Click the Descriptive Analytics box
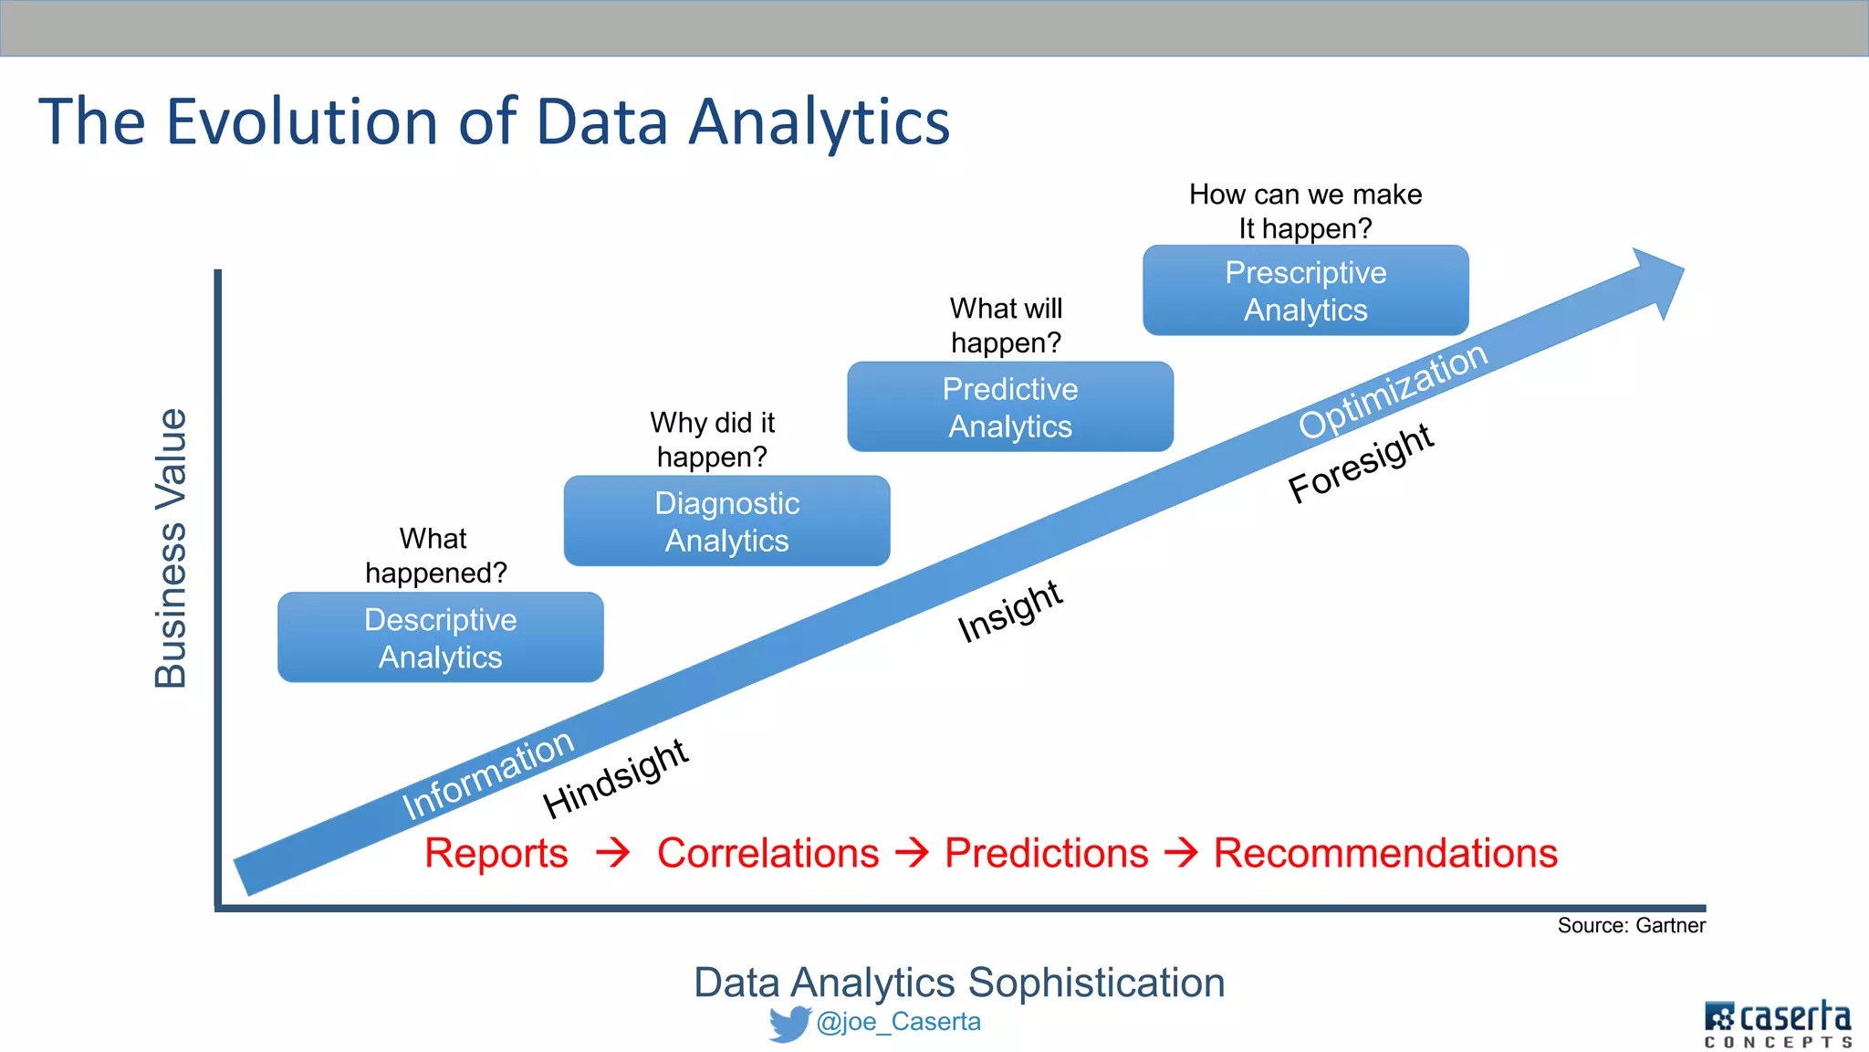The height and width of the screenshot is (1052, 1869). (x=440, y=637)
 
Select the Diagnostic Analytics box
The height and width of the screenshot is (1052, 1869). (x=726, y=521)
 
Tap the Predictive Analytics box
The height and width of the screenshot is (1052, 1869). (x=1009, y=407)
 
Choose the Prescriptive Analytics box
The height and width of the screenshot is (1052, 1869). (x=1305, y=290)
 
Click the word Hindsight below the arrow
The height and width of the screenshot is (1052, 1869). (x=615, y=778)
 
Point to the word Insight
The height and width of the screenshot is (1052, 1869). (x=1009, y=611)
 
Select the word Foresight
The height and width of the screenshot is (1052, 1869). (x=1361, y=463)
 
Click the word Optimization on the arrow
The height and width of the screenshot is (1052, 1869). (x=1393, y=390)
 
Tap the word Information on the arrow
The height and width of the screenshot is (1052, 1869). (x=488, y=774)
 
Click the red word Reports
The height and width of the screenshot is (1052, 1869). (x=496, y=854)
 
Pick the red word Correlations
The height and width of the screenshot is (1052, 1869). (x=767, y=854)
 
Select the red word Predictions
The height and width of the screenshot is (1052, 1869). (x=1046, y=854)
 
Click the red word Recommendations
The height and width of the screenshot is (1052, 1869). (x=1385, y=854)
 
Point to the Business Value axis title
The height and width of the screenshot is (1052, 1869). (x=171, y=548)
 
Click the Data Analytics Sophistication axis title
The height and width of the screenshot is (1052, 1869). (x=959, y=984)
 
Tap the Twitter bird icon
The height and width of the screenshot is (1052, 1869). (x=789, y=1024)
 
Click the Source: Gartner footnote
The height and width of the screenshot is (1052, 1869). (x=1631, y=926)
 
